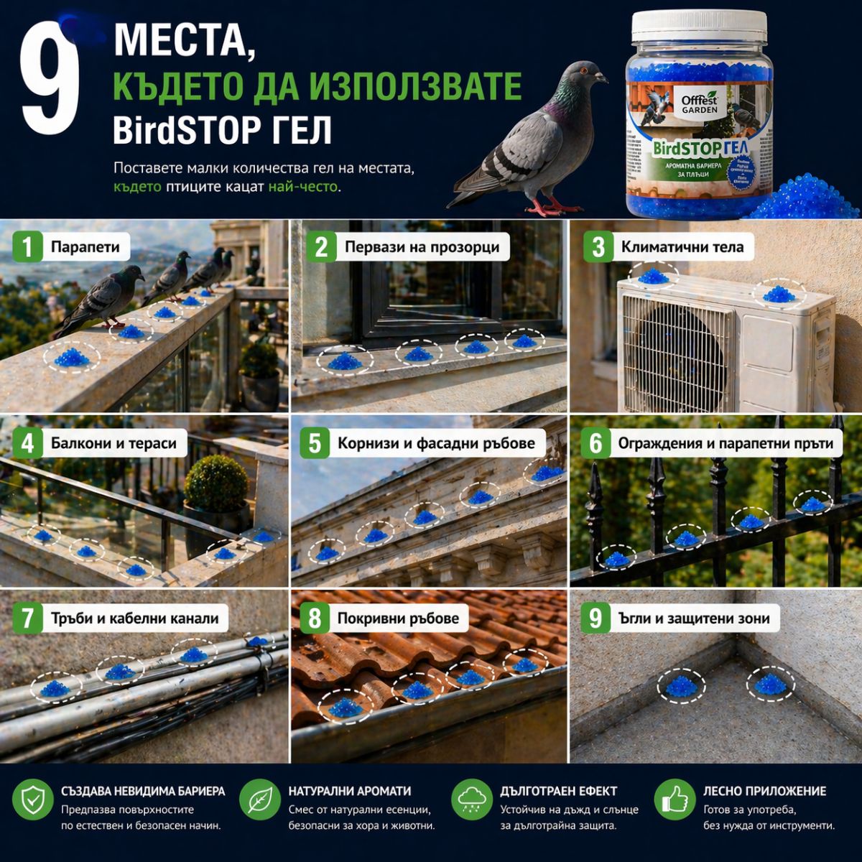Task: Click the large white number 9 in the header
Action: (49, 83)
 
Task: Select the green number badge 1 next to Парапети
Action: (27, 248)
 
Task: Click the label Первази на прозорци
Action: (421, 248)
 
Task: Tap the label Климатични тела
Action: (682, 248)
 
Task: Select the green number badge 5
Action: (315, 443)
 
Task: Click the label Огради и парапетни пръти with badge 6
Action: (725, 443)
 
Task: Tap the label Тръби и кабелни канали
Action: (134, 618)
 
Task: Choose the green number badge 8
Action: (315, 618)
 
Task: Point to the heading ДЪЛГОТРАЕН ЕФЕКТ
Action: (558, 791)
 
